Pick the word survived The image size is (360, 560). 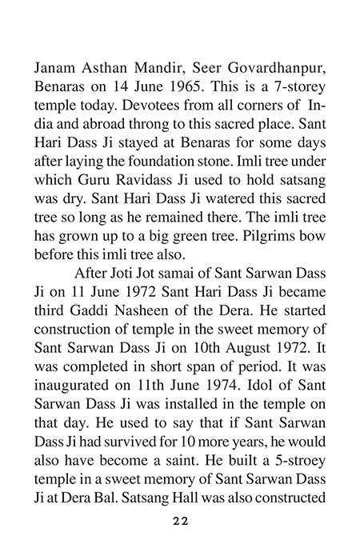[139, 461]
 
